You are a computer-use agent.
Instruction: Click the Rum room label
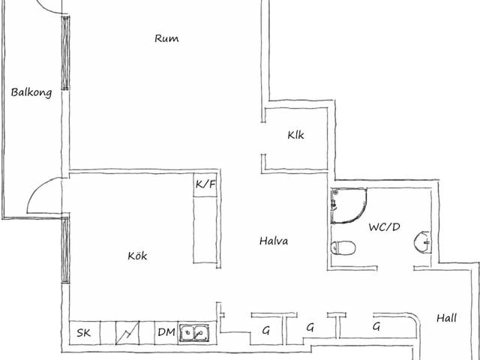tap(166, 38)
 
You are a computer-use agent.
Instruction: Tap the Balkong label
tap(31, 92)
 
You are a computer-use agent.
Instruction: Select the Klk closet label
tap(295, 135)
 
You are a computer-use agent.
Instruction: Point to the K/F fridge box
tap(205, 185)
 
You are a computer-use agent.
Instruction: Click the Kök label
tap(137, 256)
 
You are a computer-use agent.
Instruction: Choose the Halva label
tap(274, 241)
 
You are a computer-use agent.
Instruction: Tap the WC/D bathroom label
tap(384, 227)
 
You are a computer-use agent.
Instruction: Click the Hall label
tap(447, 318)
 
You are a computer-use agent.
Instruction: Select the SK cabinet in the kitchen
tap(85, 333)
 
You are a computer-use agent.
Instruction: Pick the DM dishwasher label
tap(166, 332)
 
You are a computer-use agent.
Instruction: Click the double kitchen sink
tap(194, 332)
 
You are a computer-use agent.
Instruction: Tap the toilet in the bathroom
tap(343, 247)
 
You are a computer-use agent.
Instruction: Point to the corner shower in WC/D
tap(348, 205)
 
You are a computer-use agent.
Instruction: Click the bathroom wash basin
tap(423, 242)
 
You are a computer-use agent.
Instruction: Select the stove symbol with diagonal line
tap(127, 333)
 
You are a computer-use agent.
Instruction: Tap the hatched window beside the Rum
tap(65, 53)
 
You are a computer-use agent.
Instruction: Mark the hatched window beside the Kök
tap(65, 250)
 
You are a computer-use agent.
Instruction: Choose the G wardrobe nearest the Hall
tap(376, 326)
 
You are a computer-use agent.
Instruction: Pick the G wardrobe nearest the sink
tap(266, 330)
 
